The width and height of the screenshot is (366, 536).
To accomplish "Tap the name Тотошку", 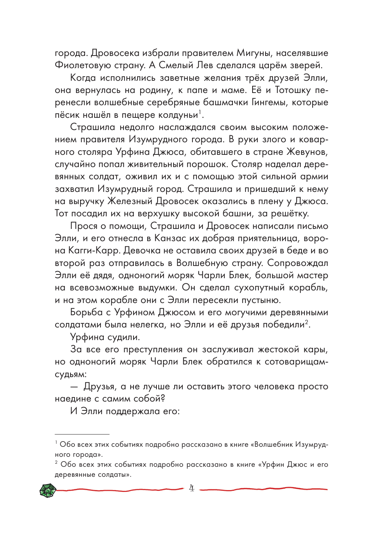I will (293, 90).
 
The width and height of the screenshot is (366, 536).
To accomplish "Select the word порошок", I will (208, 164).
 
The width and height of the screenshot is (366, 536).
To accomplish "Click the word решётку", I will (289, 214).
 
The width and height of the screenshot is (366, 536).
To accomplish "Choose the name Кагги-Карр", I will (94, 251).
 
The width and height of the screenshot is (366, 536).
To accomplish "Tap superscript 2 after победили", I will (307, 322).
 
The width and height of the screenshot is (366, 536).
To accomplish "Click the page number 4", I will (191, 489).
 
